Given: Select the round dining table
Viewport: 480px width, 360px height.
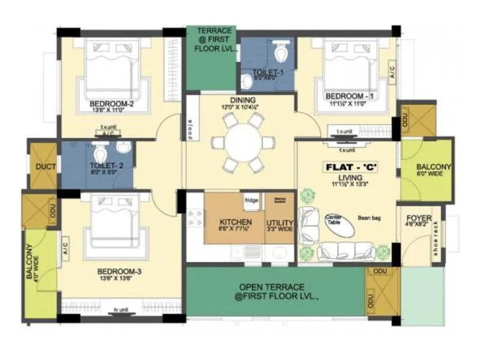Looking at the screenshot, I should (243, 144).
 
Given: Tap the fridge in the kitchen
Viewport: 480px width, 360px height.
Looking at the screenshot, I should (251, 200).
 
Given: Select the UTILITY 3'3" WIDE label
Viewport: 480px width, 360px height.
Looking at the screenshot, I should (279, 225).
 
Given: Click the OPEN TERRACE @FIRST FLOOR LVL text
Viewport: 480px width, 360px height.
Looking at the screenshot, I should (272, 291).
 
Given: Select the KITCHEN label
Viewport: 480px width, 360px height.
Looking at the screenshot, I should (235, 223).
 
